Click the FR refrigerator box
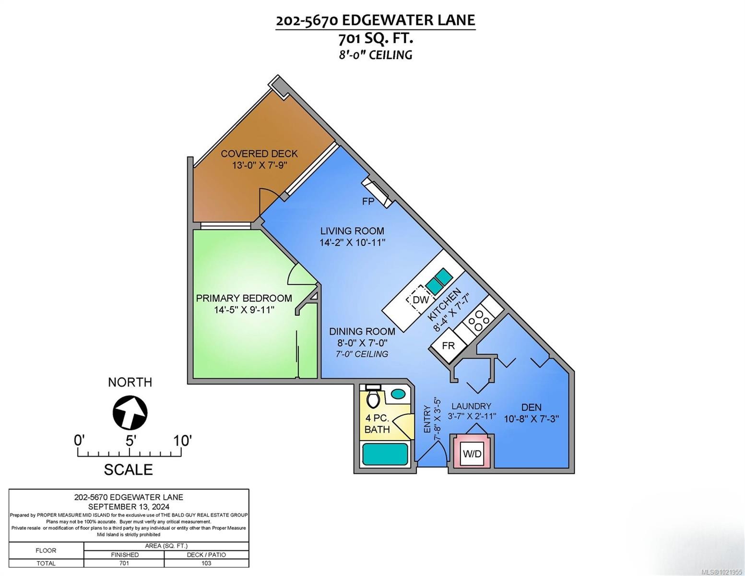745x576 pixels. click(x=448, y=345)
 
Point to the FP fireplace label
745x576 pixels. click(x=368, y=202)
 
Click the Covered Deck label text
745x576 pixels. click(x=259, y=154)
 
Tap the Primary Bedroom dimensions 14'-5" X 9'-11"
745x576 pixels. click(x=244, y=310)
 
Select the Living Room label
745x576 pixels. click(x=352, y=231)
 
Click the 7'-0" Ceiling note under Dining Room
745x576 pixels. click(x=362, y=354)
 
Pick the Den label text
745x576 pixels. click(x=531, y=408)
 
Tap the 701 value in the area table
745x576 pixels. click(x=124, y=564)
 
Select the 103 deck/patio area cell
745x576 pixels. click(x=206, y=564)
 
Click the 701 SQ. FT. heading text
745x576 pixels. click(x=376, y=37)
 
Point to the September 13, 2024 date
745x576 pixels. click(x=129, y=506)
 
